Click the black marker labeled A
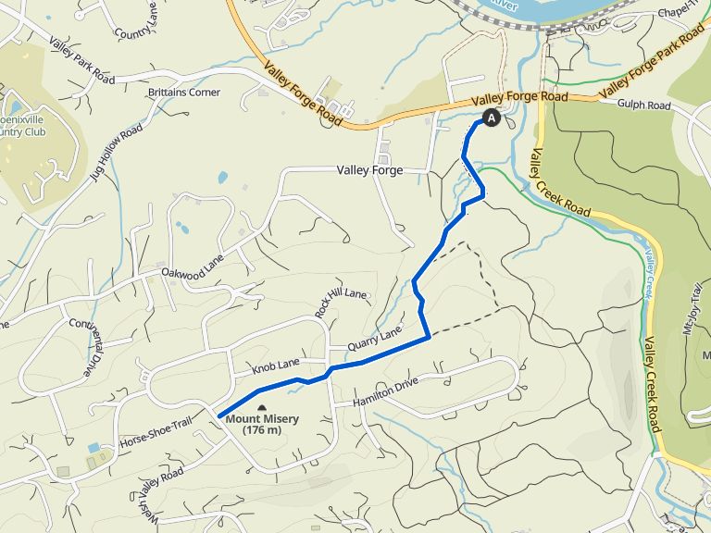click(490, 118)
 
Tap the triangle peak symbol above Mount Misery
click(262, 407)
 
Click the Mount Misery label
click(262, 419)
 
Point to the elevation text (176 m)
click(262, 430)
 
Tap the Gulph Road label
click(645, 106)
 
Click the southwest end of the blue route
click(220, 415)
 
